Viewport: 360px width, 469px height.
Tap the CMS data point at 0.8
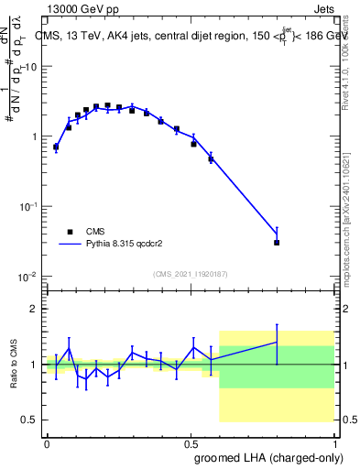[277, 243]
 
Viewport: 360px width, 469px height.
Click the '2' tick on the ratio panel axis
[36, 310]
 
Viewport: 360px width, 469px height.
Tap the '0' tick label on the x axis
[47, 442]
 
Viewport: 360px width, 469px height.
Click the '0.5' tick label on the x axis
[191, 442]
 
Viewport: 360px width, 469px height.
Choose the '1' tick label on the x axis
[334, 442]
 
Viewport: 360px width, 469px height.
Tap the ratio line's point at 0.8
[277, 342]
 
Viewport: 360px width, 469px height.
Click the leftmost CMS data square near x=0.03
[56, 147]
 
